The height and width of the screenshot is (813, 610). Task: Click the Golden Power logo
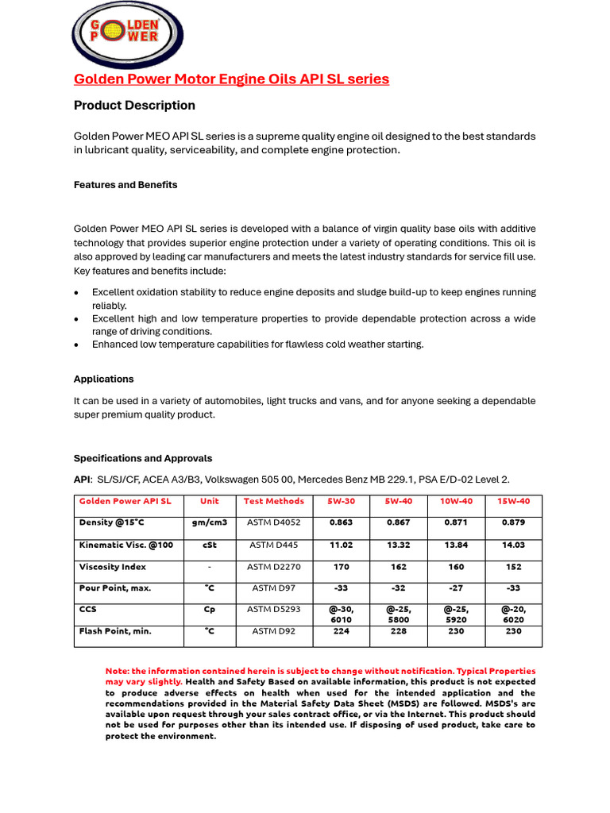[x=127, y=33]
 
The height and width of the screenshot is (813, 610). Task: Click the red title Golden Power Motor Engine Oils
[x=231, y=79]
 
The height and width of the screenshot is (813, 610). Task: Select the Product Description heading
[x=134, y=106]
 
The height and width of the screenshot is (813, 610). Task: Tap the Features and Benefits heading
[x=125, y=185]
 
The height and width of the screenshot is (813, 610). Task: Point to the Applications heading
[x=103, y=380]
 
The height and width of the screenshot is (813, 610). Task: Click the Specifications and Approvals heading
[x=143, y=459]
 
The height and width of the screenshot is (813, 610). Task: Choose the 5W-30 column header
[x=342, y=502]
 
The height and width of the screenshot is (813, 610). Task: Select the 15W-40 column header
[x=513, y=502]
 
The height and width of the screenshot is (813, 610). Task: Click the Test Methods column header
[x=274, y=502]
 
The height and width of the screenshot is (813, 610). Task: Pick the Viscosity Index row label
[x=112, y=568]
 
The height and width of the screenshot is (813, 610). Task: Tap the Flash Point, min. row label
[x=115, y=632]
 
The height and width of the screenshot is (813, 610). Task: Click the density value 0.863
[x=342, y=523]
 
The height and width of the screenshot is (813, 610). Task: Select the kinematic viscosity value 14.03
[x=513, y=545]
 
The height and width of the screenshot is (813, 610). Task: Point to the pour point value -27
[x=456, y=589]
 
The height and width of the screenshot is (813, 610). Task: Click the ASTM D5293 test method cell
[x=274, y=610]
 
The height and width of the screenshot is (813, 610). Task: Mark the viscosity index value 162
[x=399, y=568]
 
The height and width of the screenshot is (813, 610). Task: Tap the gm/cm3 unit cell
[x=210, y=523]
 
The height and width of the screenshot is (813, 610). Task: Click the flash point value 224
[x=342, y=632]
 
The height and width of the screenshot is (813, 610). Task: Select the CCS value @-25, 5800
[x=399, y=615]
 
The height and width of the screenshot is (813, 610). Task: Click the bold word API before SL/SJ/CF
[x=83, y=480]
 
